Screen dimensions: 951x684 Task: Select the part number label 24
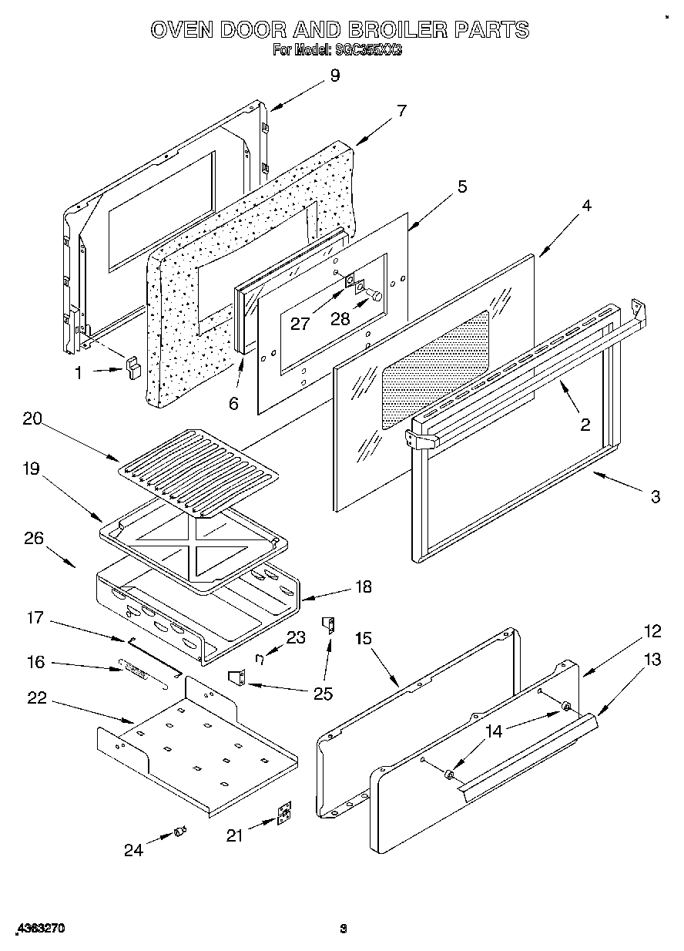click(x=134, y=850)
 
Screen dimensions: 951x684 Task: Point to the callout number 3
click(x=655, y=497)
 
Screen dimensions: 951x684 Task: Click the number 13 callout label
click(x=652, y=659)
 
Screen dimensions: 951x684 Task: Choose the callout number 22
click(x=37, y=698)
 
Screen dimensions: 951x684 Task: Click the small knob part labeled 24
click(x=181, y=830)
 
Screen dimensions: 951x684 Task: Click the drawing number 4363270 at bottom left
click(x=39, y=929)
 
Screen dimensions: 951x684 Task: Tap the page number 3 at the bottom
click(x=344, y=929)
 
